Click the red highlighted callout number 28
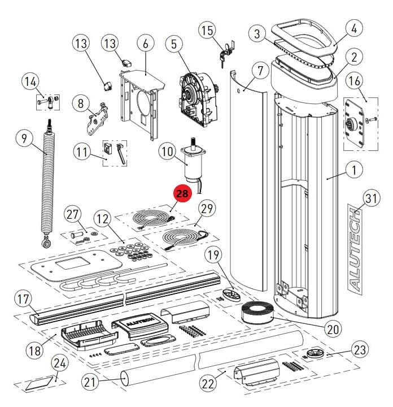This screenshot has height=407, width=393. pyautogui.click(x=182, y=194)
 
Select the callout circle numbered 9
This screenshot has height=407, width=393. pyautogui.click(x=23, y=137)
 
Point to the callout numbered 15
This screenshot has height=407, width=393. pyautogui.click(x=208, y=29)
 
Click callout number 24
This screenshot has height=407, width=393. pyautogui.click(x=59, y=363)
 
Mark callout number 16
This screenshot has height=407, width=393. pyautogui.click(x=355, y=81)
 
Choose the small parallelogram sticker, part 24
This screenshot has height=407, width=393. pyautogui.click(x=41, y=384)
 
